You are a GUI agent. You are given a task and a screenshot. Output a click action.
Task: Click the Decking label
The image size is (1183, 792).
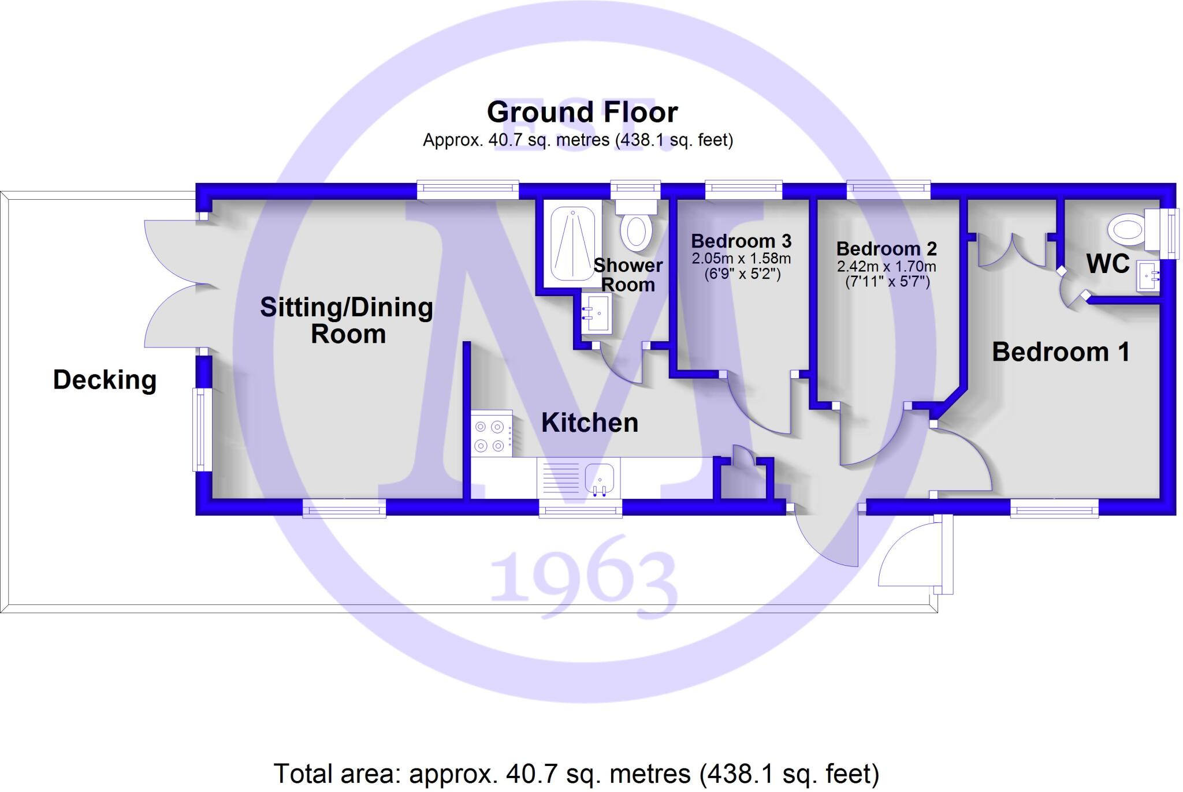[105, 380]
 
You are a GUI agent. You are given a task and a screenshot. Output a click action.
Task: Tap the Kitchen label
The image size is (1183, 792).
[589, 423]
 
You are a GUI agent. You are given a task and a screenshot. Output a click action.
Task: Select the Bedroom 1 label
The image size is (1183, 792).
[1061, 352]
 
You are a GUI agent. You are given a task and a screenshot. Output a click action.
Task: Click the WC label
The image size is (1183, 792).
[1107, 264]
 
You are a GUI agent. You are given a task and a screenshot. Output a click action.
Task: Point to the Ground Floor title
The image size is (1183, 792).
[582, 112]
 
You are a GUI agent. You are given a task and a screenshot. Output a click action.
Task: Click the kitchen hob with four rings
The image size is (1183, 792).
[492, 436]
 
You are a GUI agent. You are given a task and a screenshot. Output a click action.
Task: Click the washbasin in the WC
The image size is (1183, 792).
[1148, 277]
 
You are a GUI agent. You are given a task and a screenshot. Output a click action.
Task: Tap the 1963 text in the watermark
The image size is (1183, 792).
[583, 577]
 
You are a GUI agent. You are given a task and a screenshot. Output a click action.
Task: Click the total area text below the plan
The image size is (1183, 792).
[576, 774]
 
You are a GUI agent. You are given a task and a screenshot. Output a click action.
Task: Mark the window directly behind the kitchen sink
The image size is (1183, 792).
[581, 509]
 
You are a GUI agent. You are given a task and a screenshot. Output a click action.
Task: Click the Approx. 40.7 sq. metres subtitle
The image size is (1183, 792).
[578, 140]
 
